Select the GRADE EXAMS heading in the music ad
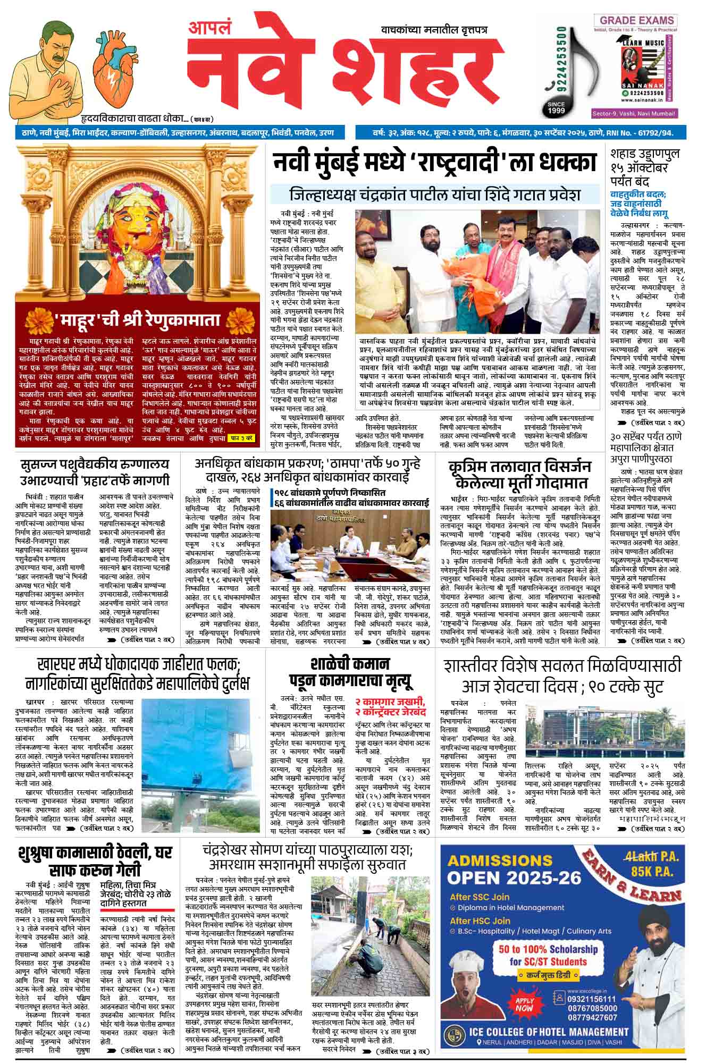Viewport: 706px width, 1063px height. click(636, 21)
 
